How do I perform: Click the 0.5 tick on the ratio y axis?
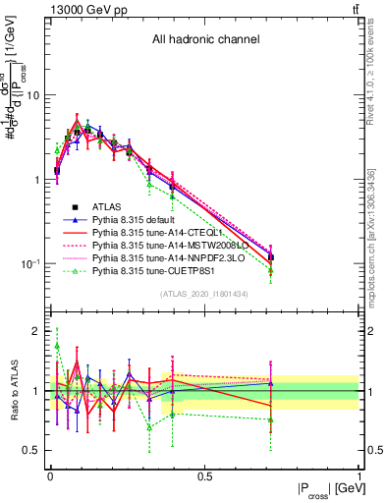34,450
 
